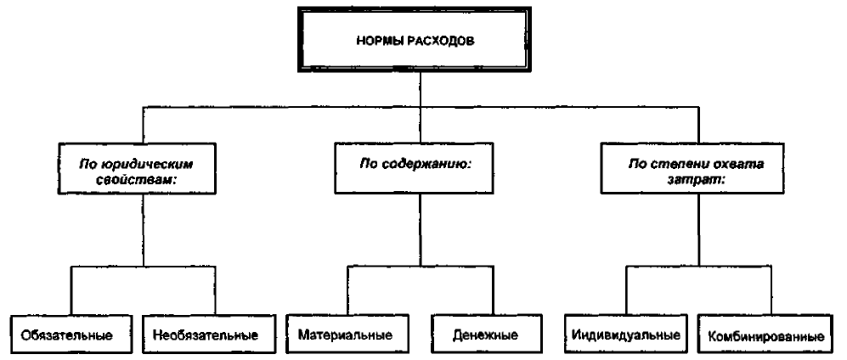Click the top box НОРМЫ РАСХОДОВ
[x=415, y=40]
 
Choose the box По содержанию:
[x=414, y=167]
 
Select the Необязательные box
[x=206, y=335]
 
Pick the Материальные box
[x=345, y=334]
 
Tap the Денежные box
[x=486, y=334]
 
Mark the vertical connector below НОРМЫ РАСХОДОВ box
[x=420, y=108]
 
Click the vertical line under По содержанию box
[x=421, y=229]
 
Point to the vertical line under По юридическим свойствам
[x=143, y=230]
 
